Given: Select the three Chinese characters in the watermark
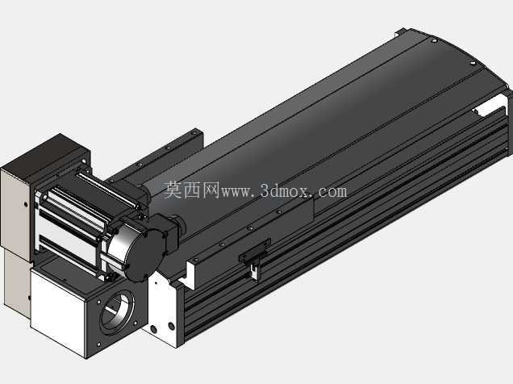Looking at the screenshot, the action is [191, 190].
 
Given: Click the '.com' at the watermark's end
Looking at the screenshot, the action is [330, 191].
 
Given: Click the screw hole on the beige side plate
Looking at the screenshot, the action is [26, 204].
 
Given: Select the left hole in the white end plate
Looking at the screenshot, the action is [154, 328].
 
